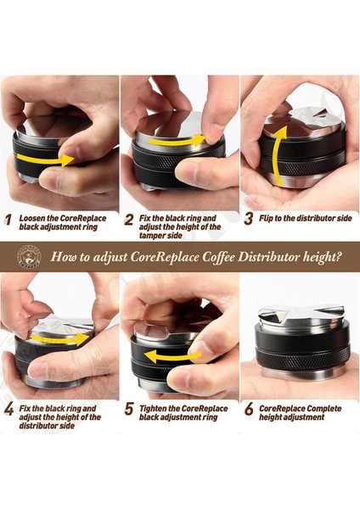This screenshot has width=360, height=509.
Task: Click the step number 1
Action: [8, 220]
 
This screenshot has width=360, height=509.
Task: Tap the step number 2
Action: [129, 220]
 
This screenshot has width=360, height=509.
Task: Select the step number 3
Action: [249, 219]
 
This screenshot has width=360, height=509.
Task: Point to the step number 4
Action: [8, 410]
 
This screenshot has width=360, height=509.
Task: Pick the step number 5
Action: [129, 409]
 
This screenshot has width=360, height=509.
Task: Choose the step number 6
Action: [249, 409]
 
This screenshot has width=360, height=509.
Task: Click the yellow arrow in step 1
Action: [46, 159]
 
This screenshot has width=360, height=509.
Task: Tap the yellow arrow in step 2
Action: [178, 140]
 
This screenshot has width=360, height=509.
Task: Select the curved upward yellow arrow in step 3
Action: [278, 156]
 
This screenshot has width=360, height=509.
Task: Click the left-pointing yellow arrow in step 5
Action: [172, 356]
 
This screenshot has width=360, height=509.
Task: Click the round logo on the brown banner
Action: [29, 257]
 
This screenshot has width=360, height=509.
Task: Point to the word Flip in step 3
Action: [266, 218]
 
